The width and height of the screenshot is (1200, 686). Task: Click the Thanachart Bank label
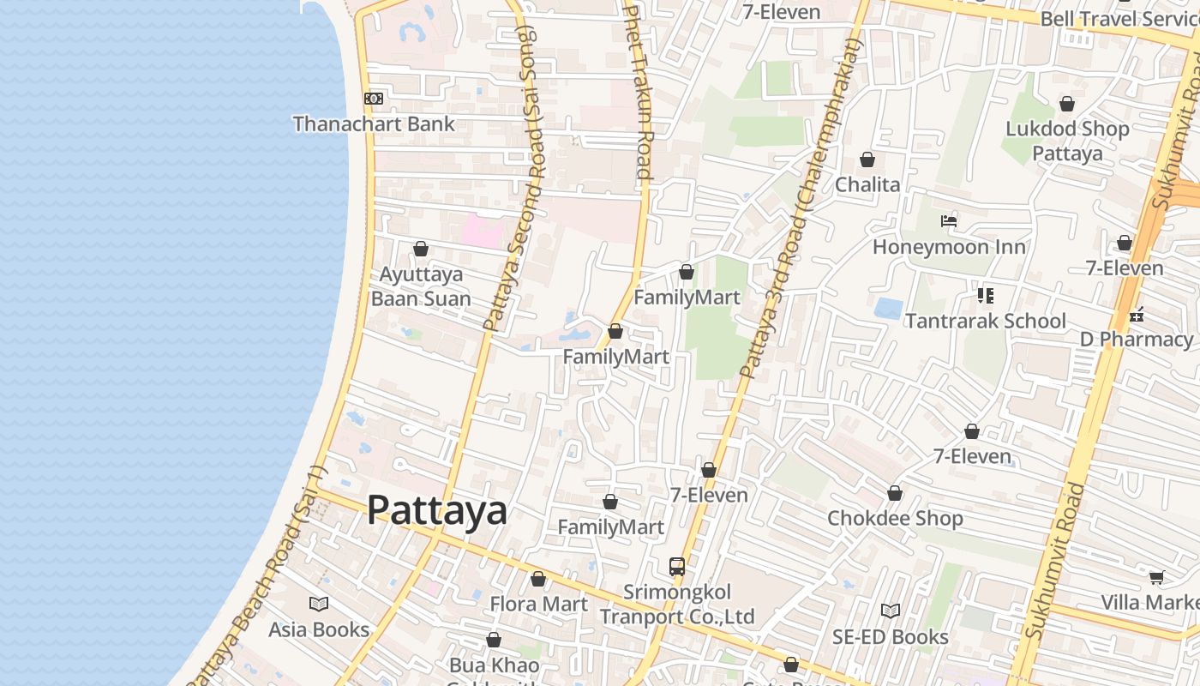click(x=374, y=124)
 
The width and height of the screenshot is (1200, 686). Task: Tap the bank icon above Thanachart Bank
click(x=374, y=99)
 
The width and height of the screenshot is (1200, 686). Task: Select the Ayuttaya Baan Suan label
click(x=421, y=286)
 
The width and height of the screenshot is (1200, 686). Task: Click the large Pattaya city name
click(x=437, y=511)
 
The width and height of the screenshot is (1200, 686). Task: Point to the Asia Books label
click(x=319, y=629)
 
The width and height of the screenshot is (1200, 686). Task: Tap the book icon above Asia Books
click(x=319, y=605)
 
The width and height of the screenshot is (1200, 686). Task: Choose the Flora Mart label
click(x=538, y=605)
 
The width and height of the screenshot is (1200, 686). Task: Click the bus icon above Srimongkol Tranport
click(x=677, y=567)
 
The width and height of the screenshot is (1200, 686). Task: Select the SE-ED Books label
click(x=891, y=637)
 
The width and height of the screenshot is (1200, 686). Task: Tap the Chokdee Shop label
click(x=895, y=519)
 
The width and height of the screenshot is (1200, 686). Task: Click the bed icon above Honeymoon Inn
click(x=949, y=221)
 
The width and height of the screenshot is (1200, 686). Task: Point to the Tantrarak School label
click(x=986, y=322)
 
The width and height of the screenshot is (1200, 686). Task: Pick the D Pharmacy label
click(x=1137, y=340)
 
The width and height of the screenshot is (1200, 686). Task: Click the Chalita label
click(x=867, y=185)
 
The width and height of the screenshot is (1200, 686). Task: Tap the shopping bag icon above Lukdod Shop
click(x=1067, y=105)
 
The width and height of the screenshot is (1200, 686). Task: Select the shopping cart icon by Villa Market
click(x=1156, y=578)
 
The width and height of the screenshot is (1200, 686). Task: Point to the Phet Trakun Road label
click(x=639, y=90)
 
